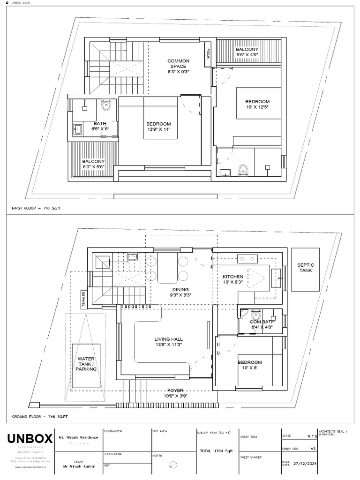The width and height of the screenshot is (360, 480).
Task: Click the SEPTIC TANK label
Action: (306, 268)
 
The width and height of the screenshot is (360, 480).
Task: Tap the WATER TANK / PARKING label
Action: (86, 364)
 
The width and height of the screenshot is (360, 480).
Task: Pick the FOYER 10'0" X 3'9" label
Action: (176, 393)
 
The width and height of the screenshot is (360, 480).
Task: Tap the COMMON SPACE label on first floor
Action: (178, 66)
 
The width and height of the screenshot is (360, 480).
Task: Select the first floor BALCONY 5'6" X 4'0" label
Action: (247, 52)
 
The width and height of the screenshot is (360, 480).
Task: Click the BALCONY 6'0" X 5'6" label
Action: (93, 164)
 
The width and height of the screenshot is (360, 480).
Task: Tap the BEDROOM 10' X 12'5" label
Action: (257, 104)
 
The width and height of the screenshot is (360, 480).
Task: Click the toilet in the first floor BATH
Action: (106, 105)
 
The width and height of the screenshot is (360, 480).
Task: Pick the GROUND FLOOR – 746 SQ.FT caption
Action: (40, 416)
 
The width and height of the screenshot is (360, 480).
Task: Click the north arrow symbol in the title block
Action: (174, 465)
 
